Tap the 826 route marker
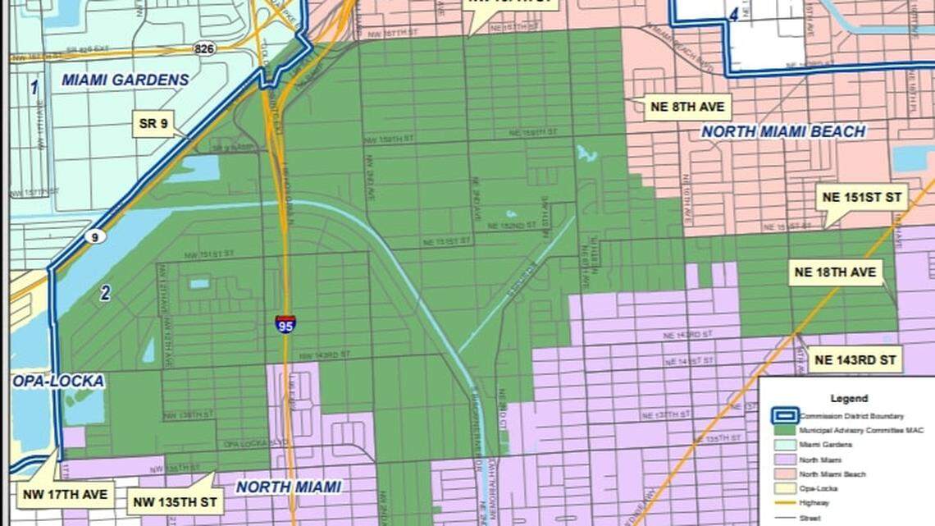(205, 49)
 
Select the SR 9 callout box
(153, 124)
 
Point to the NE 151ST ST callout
(860, 197)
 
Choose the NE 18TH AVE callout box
(835, 272)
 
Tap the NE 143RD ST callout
(855, 359)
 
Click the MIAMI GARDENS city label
(125, 80)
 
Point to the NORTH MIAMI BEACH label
(782, 131)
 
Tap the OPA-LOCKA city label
(57, 382)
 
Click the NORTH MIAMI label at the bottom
(288, 487)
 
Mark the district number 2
(105, 294)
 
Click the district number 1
(34, 87)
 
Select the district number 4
(732, 14)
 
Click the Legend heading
(848, 399)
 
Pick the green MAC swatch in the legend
(785, 429)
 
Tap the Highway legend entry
(813, 502)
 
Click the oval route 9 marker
(94, 237)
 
